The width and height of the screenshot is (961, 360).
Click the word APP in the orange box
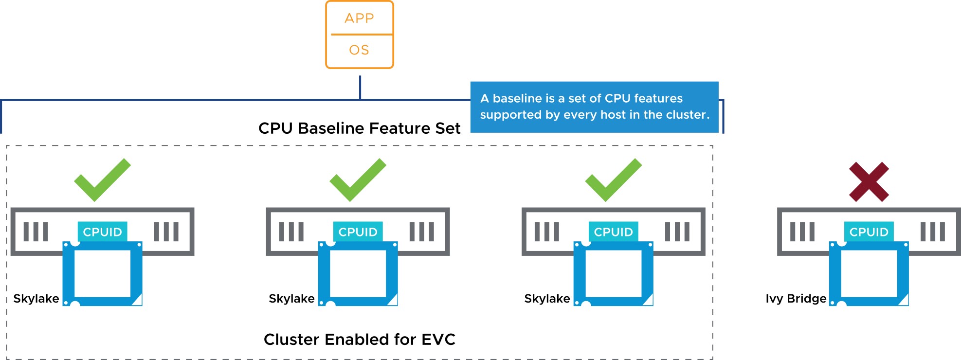coord(359,18)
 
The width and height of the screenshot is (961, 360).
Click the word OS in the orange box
coord(359,50)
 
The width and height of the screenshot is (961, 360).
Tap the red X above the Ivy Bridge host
coord(869,182)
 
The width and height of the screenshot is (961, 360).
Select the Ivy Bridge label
coord(796,298)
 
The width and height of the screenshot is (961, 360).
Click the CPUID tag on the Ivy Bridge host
coord(869,232)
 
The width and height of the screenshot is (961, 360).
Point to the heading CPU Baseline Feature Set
coord(359,128)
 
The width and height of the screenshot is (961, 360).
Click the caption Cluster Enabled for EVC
coord(359,339)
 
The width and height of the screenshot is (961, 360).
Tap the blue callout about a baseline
coord(594,107)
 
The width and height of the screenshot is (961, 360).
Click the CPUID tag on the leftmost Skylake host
coord(102,232)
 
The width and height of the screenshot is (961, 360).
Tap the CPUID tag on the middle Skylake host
coord(358,232)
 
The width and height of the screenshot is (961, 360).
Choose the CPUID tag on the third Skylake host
coord(613,232)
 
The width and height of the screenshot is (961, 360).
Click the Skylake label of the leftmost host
coord(36,298)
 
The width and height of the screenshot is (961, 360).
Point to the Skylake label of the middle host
coord(291,298)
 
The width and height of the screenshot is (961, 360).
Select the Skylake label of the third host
coord(547,298)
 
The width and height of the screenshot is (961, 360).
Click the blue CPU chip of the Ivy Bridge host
coord(835,273)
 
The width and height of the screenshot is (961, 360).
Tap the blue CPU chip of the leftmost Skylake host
coord(69,273)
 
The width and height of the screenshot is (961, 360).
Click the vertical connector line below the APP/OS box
coord(360,88)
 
